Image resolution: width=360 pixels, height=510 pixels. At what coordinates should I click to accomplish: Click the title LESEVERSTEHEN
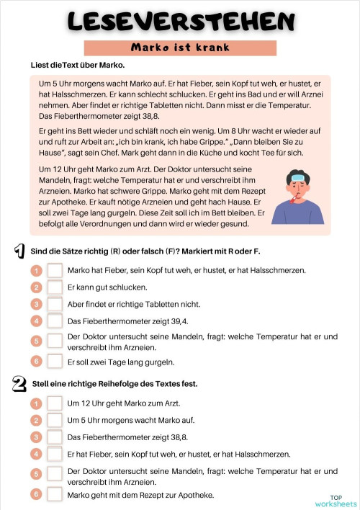[x=180, y=21]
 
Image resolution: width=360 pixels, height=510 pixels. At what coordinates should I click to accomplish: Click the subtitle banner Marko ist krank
[x=180, y=48]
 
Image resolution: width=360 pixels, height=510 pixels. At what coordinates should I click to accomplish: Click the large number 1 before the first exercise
[x=19, y=251]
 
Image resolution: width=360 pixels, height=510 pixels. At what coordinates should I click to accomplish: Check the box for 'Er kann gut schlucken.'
[x=55, y=287]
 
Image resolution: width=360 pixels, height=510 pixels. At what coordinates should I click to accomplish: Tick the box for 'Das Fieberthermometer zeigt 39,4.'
[x=55, y=321]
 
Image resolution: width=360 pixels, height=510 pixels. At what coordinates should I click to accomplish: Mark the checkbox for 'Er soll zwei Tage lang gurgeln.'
[x=55, y=362]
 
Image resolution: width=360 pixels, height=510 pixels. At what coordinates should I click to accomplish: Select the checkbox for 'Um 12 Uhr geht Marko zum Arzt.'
[x=55, y=403]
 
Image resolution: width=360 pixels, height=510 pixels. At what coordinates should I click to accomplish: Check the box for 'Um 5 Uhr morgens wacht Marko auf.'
[x=55, y=420]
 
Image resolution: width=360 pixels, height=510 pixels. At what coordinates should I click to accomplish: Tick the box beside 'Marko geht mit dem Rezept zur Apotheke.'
[x=55, y=495]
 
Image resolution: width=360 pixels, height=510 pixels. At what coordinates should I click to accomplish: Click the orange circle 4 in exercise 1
[x=37, y=321]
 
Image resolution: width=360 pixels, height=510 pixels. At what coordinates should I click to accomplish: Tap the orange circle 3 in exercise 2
[x=37, y=437]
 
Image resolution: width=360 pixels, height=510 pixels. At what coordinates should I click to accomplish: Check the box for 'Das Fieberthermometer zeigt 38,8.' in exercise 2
[x=55, y=437]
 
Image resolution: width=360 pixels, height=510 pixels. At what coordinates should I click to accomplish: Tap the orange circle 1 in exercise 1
[x=37, y=271]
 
